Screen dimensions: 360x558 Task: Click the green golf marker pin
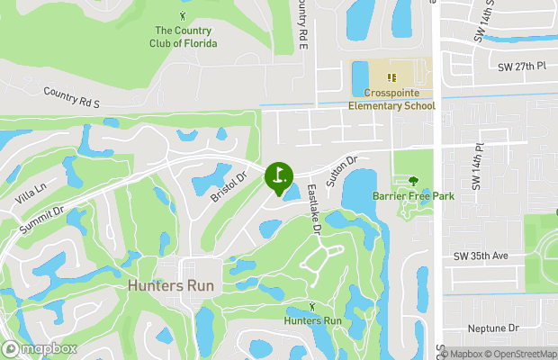[x=279, y=175]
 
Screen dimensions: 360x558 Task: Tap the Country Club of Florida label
[x=184, y=37]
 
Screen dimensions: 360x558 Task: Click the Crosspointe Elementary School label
[x=392, y=99]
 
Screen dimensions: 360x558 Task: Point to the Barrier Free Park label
[x=415, y=196]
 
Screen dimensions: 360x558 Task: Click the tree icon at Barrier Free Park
[x=414, y=181]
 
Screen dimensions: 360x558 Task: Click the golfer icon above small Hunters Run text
[x=313, y=308]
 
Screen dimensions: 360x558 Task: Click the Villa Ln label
[x=31, y=192]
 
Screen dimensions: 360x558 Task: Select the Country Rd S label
[x=70, y=98]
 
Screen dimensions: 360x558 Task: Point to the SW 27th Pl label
[x=521, y=66]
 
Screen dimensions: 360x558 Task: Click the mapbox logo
[x=40, y=348]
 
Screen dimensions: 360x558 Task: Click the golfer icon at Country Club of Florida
[x=184, y=16]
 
